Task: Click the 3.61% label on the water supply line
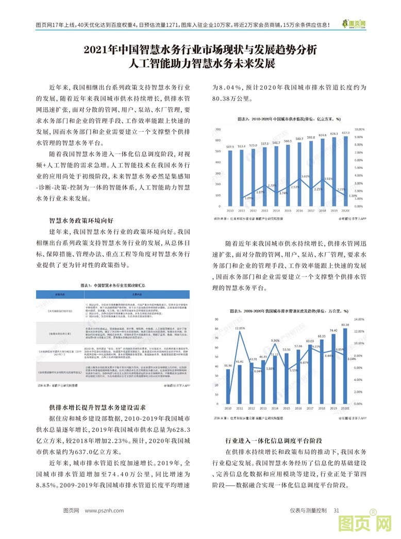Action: [x=305, y=176]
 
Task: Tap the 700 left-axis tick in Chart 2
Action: [x=219, y=129]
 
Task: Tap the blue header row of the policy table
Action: [x=113, y=295]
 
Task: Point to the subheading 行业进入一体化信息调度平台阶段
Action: [x=274, y=441]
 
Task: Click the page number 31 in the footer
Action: [x=336, y=510]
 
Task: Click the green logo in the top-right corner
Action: [x=355, y=24]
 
